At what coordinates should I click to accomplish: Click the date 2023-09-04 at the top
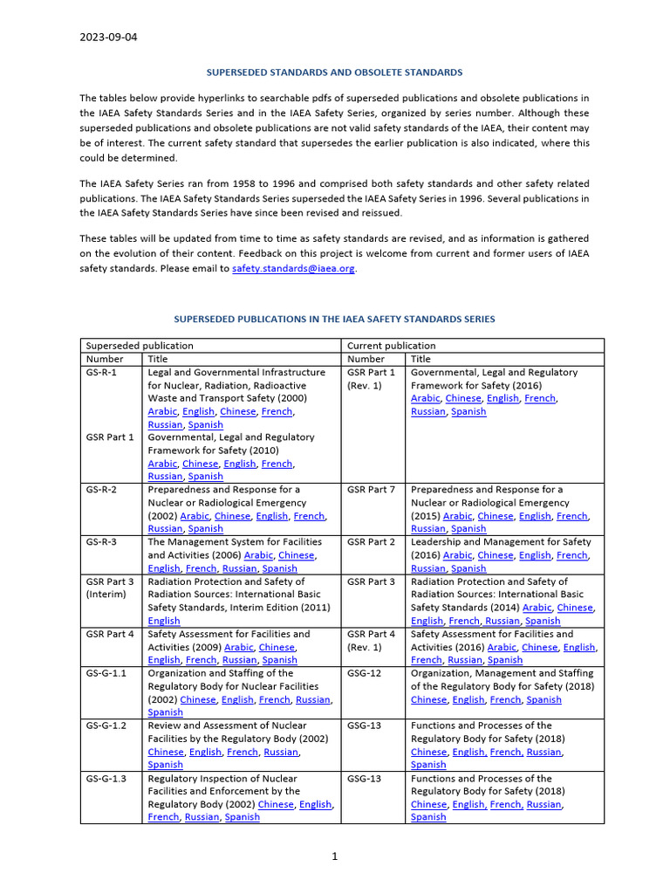click(108, 38)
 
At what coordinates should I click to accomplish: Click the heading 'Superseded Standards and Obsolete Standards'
click(334, 72)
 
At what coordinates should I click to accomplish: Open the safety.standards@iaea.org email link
click(293, 269)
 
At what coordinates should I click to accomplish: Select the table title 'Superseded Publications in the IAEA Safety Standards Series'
click(334, 320)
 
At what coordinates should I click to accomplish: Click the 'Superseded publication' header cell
click(127, 346)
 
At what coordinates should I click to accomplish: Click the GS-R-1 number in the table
click(101, 372)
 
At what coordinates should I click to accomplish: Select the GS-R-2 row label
click(101, 490)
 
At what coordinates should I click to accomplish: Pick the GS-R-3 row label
click(101, 542)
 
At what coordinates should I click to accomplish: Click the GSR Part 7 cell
click(371, 490)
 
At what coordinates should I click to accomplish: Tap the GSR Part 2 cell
click(371, 542)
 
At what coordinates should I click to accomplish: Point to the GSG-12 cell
click(364, 673)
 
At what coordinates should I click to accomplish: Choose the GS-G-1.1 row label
click(106, 673)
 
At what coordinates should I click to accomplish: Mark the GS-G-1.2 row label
click(106, 726)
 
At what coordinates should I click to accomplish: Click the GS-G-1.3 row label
click(106, 778)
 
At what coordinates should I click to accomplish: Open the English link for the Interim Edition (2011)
click(164, 621)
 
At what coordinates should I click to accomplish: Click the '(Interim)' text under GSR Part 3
click(106, 595)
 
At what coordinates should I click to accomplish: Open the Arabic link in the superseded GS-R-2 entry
click(195, 516)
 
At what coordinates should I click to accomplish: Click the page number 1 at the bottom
click(334, 857)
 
